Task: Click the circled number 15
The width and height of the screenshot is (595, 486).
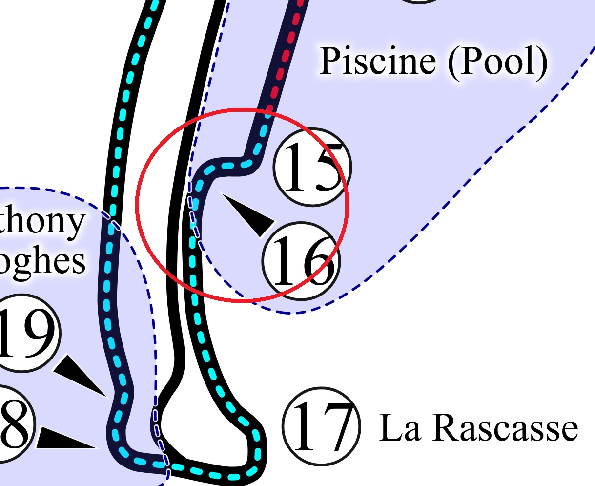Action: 312,167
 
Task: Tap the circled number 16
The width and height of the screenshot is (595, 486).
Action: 301,260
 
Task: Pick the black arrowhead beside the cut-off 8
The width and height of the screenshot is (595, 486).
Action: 63,439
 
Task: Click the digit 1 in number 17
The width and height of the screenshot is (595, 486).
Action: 305,426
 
